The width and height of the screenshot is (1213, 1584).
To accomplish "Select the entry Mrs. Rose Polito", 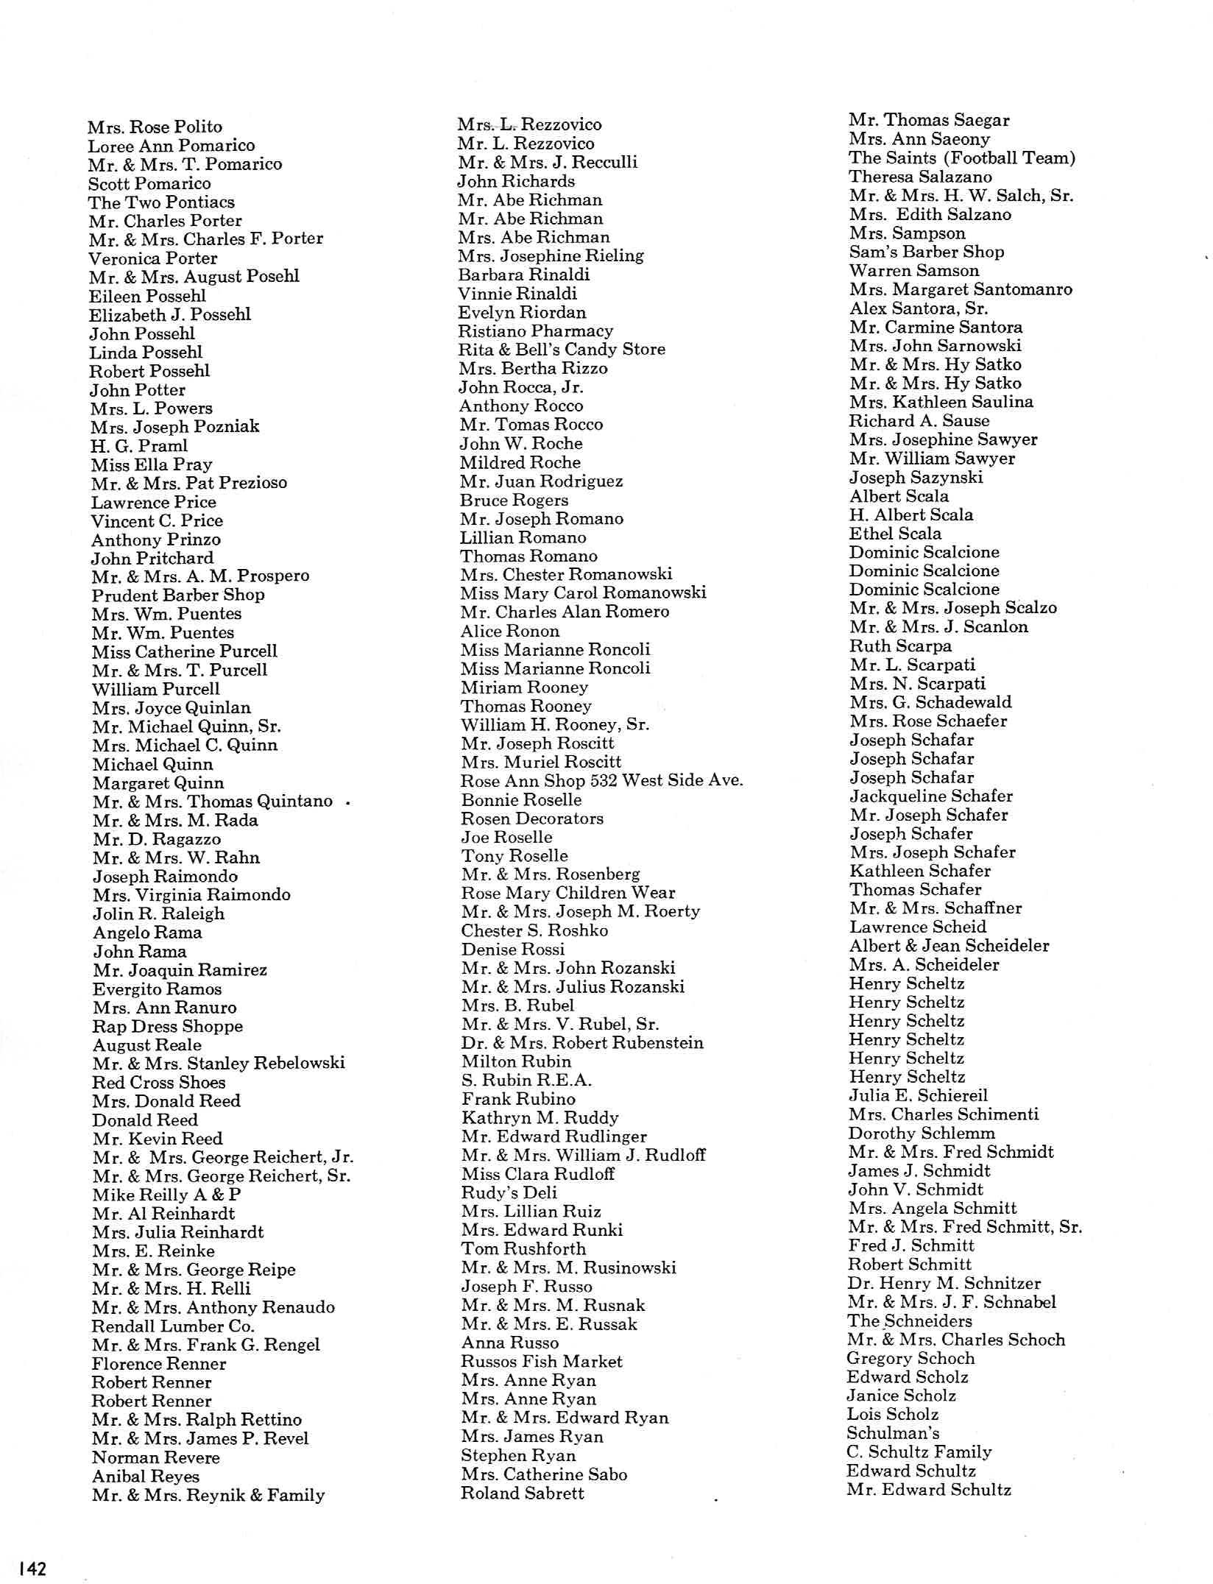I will click(155, 127).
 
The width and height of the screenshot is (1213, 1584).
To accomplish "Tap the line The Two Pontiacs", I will click(161, 202).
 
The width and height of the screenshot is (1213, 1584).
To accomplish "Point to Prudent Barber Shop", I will click(178, 595).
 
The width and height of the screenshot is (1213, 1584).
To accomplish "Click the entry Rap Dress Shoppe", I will click(168, 1026).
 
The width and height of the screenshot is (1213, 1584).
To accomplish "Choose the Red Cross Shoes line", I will click(159, 1082).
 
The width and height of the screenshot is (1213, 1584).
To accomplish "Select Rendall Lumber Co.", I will click(173, 1326).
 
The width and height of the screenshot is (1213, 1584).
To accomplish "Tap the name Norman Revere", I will click(156, 1457).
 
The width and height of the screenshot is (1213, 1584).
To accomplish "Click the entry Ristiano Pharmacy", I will click(535, 330).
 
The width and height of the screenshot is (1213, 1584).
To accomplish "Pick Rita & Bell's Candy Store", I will click(562, 349).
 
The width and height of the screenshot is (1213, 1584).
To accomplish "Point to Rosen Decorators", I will click(532, 818).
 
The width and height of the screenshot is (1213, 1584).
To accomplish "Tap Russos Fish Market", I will click(542, 1362).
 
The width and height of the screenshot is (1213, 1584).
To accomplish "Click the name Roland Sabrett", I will click(523, 1493).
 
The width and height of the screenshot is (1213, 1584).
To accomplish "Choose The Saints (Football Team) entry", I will click(962, 158).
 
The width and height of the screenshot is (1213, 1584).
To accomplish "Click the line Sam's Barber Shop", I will click(927, 252).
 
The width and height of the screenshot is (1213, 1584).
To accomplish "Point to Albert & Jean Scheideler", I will click(949, 946).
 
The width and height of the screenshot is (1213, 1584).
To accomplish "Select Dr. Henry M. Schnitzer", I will click(944, 1283).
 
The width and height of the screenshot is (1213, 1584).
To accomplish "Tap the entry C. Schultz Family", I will click(919, 1452).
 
